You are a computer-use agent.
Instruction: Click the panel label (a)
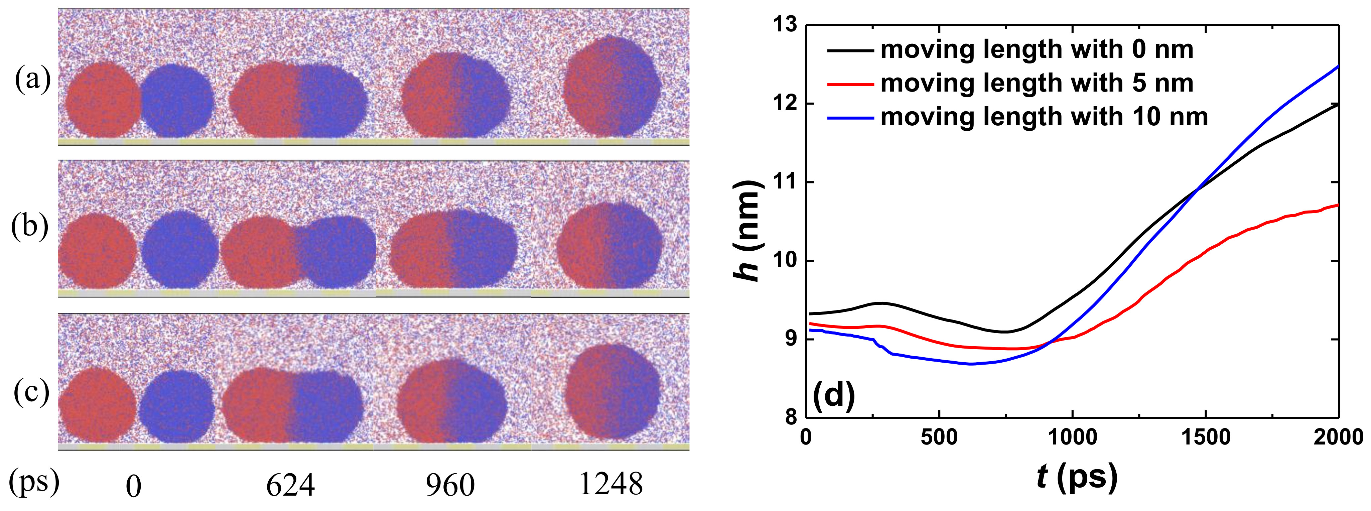32,81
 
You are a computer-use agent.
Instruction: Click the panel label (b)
30,227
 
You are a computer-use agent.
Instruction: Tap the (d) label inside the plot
833,395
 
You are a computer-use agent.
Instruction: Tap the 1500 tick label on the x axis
1205,437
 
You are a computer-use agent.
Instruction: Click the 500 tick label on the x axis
939,437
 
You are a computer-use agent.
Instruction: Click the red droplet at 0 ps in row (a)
102,100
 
